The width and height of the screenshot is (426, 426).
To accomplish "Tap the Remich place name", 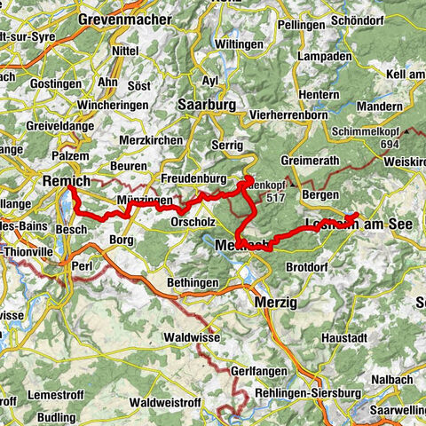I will [x=67, y=180].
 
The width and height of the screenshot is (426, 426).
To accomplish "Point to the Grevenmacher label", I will [x=123, y=18].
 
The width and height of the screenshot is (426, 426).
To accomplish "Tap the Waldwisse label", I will [x=190, y=337].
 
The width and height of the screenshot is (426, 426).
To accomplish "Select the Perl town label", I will [x=84, y=264].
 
